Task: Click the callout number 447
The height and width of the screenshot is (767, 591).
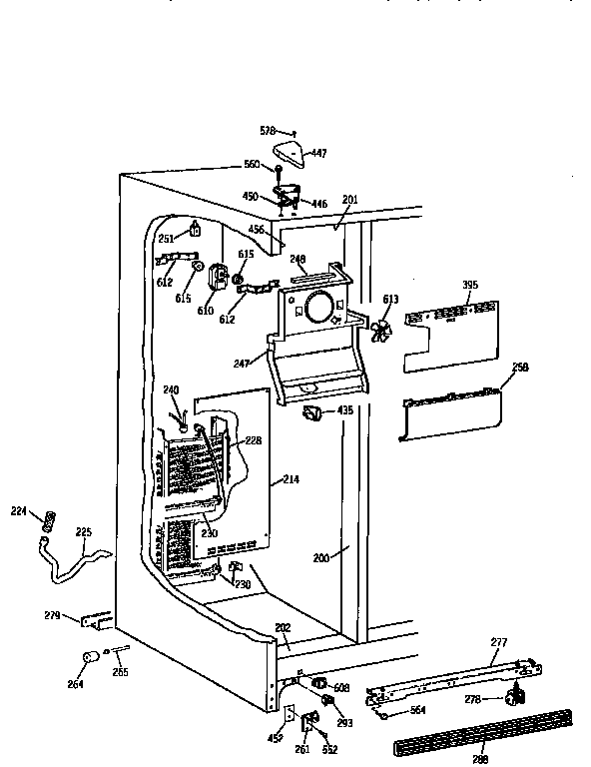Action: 319,154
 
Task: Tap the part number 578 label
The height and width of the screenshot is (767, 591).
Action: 268,131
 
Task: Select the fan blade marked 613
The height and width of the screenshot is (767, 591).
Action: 379,332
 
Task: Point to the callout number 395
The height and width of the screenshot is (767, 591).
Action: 469,286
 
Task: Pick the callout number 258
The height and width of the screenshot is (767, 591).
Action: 520,368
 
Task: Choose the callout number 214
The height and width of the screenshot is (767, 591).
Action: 291,480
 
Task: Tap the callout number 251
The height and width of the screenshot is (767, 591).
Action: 166,239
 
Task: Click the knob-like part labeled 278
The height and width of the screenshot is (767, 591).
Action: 516,695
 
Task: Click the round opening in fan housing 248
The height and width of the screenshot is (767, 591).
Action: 318,307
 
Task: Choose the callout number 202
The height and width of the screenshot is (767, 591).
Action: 283,628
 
